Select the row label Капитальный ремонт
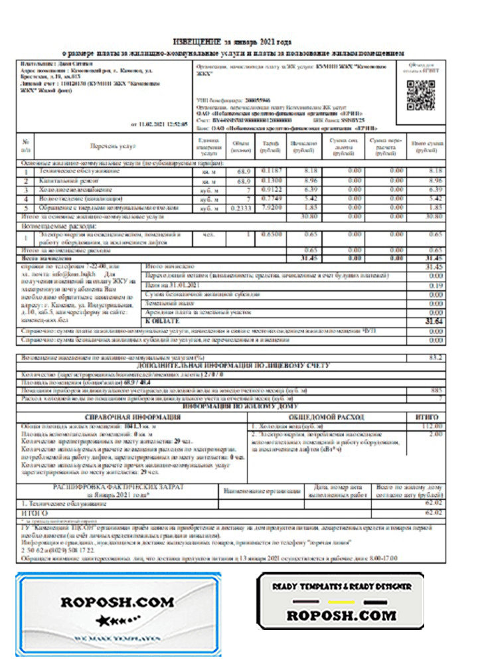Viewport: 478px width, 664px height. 76,180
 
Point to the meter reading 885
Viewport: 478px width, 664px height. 437,390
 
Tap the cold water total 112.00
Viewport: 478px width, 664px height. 432,426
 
